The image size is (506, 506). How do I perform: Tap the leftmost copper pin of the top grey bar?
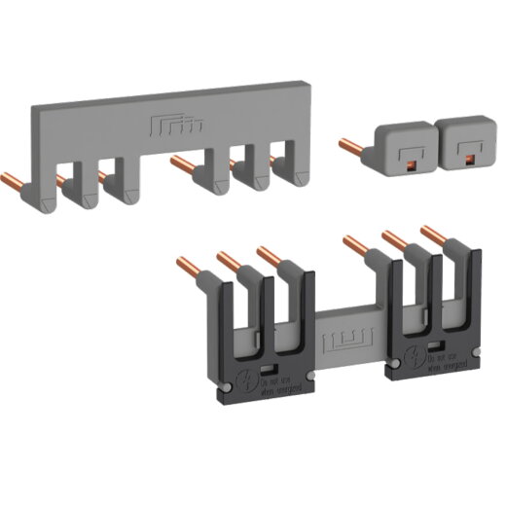[x=20, y=181]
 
